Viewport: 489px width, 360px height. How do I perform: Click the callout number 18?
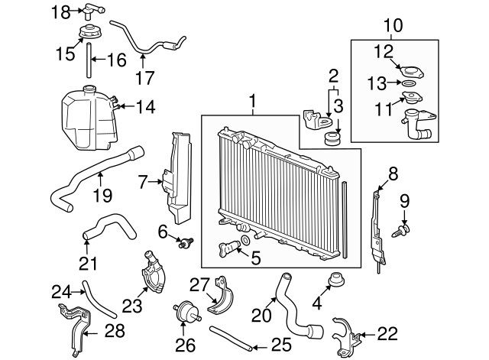coord(61,12)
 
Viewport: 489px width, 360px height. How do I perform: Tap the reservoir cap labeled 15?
coord(88,31)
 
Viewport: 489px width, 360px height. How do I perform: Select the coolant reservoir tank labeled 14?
coord(89,118)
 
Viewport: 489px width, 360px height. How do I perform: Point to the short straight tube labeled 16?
coord(89,60)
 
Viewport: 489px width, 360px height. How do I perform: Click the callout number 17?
coord(145,78)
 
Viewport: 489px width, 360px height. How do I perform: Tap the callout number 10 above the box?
coord(394,25)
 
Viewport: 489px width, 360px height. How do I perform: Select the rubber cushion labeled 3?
coord(332,139)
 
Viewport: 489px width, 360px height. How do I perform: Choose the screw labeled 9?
coord(400,231)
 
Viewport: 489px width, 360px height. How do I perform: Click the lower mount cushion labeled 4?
coord(336,279)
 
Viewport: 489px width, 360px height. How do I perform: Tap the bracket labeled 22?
coord(346,336)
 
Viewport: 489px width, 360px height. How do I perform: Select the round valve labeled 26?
coord(186,311)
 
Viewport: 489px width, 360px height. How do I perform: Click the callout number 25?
coord(282,345)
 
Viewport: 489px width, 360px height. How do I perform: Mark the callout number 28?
coord(115,331)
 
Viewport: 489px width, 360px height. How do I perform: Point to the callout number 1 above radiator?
coord(253,101)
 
